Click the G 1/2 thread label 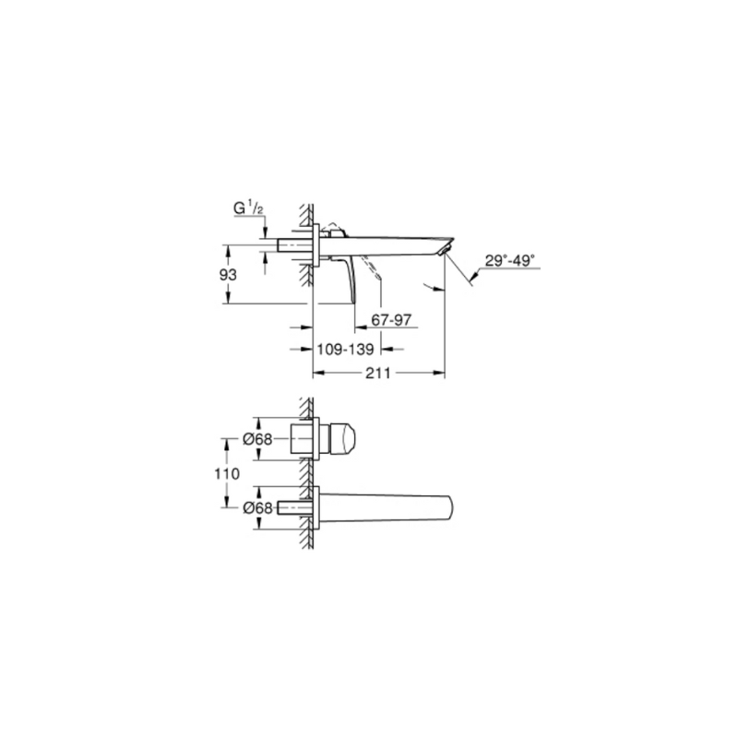pos(249,208)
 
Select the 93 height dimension pos(228,274)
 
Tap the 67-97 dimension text pos(391,320)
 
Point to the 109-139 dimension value pos(345,350)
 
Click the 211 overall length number pos(378,374)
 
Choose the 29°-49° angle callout pos(510,260)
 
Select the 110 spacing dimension pos(227,473)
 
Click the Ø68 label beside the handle pos(257,439)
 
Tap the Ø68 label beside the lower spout pos(257,508)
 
